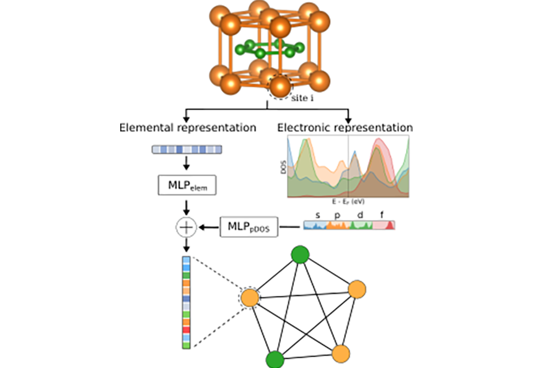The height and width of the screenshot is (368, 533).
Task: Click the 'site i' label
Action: click(x=302, y=99)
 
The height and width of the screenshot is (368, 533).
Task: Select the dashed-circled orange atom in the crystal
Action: click(x=280, y=86)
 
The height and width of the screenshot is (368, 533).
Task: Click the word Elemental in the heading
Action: click(x=146, y=128)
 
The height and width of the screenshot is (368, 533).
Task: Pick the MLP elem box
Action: click(x=187, y=185)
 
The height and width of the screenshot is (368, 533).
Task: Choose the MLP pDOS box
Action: click(x=249, y=227)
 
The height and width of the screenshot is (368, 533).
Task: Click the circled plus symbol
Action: click(x=186, y=227)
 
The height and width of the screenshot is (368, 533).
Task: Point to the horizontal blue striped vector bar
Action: click(x=187, y=149)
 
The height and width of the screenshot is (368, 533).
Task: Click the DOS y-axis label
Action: click(x=283, y=167)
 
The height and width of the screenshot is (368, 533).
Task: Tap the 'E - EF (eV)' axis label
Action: click(x=348, y=201)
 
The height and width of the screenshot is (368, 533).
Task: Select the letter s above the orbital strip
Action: click(x=317, y=215)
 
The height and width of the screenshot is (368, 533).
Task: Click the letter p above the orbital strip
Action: click(x=337, y=216)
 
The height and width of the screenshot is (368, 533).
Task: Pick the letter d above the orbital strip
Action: click(x=360, y=215)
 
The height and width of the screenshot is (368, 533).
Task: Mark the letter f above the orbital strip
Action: click(x=382, y=215)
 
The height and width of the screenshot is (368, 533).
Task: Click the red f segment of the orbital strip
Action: click(x=384, y=226)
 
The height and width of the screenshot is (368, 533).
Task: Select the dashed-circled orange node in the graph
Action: click(x=250, y=297)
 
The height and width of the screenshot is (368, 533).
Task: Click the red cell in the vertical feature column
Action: click(x=186, y=330)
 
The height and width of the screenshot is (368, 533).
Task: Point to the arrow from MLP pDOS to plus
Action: click(x=209, y=227)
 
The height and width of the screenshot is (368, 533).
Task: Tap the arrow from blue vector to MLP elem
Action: click(x=186, y=163)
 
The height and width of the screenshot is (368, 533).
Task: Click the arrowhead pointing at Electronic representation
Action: click(x=348, y=120)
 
